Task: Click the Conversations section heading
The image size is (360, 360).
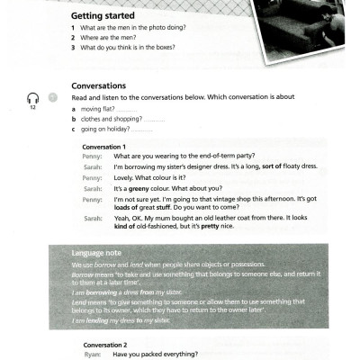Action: pos(98,86)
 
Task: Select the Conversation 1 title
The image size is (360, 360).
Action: pos(104,146)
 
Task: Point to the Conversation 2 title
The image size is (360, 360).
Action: pos(104,344)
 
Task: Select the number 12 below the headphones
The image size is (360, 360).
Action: pos(32,108)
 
